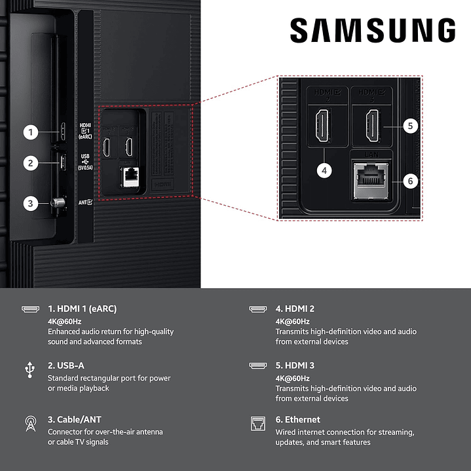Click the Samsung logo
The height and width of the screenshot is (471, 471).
(373, 31)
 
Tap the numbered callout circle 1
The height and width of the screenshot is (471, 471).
(30, 132)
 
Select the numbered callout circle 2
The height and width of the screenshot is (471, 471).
(30, 162)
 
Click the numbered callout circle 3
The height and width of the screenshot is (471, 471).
(30, 203)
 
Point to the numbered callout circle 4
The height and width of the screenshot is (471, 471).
(324, 170)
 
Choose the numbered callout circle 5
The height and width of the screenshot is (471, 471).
(409, 126)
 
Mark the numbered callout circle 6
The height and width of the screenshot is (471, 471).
(409, 180)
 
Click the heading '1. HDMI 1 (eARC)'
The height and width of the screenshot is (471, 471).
(82, 309)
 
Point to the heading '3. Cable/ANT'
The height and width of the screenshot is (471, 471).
(75, 419)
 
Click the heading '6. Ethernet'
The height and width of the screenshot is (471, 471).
(298, 419)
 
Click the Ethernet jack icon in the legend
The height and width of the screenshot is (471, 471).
(257, 423)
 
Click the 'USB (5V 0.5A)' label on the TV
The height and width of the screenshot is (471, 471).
(85, 162)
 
